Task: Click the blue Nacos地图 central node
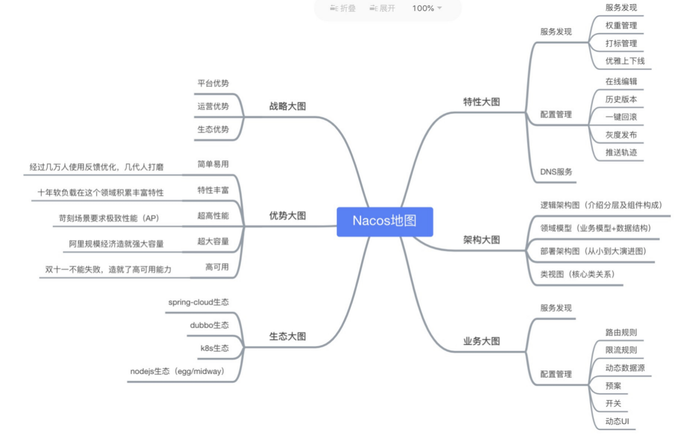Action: [x=385, y=221]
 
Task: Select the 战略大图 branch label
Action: [x=287, y=106]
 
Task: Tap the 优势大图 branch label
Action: [x=287, y=216]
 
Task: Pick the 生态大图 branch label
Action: [x=287, y=337]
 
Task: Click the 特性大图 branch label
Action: [x=482, y=102]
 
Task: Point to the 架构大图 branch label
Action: [x=482, y=240]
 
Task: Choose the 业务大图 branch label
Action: [x=482, y=341]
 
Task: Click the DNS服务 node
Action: [x=557, y=172]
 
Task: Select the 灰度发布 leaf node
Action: [x=621, y=135]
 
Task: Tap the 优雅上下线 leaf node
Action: [x=625, y=61]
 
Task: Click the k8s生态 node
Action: [x=214, y=348]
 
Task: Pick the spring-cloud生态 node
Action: [x=198, y=302]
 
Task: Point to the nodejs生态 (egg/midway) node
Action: [x=177, y=371]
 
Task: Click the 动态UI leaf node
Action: [x=617, y=421]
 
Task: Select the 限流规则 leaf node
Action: [x=621, y=350]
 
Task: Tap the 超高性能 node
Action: [x=213, y=216]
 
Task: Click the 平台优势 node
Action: [x=213, y=83]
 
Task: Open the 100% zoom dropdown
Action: [x=427, y=8]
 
